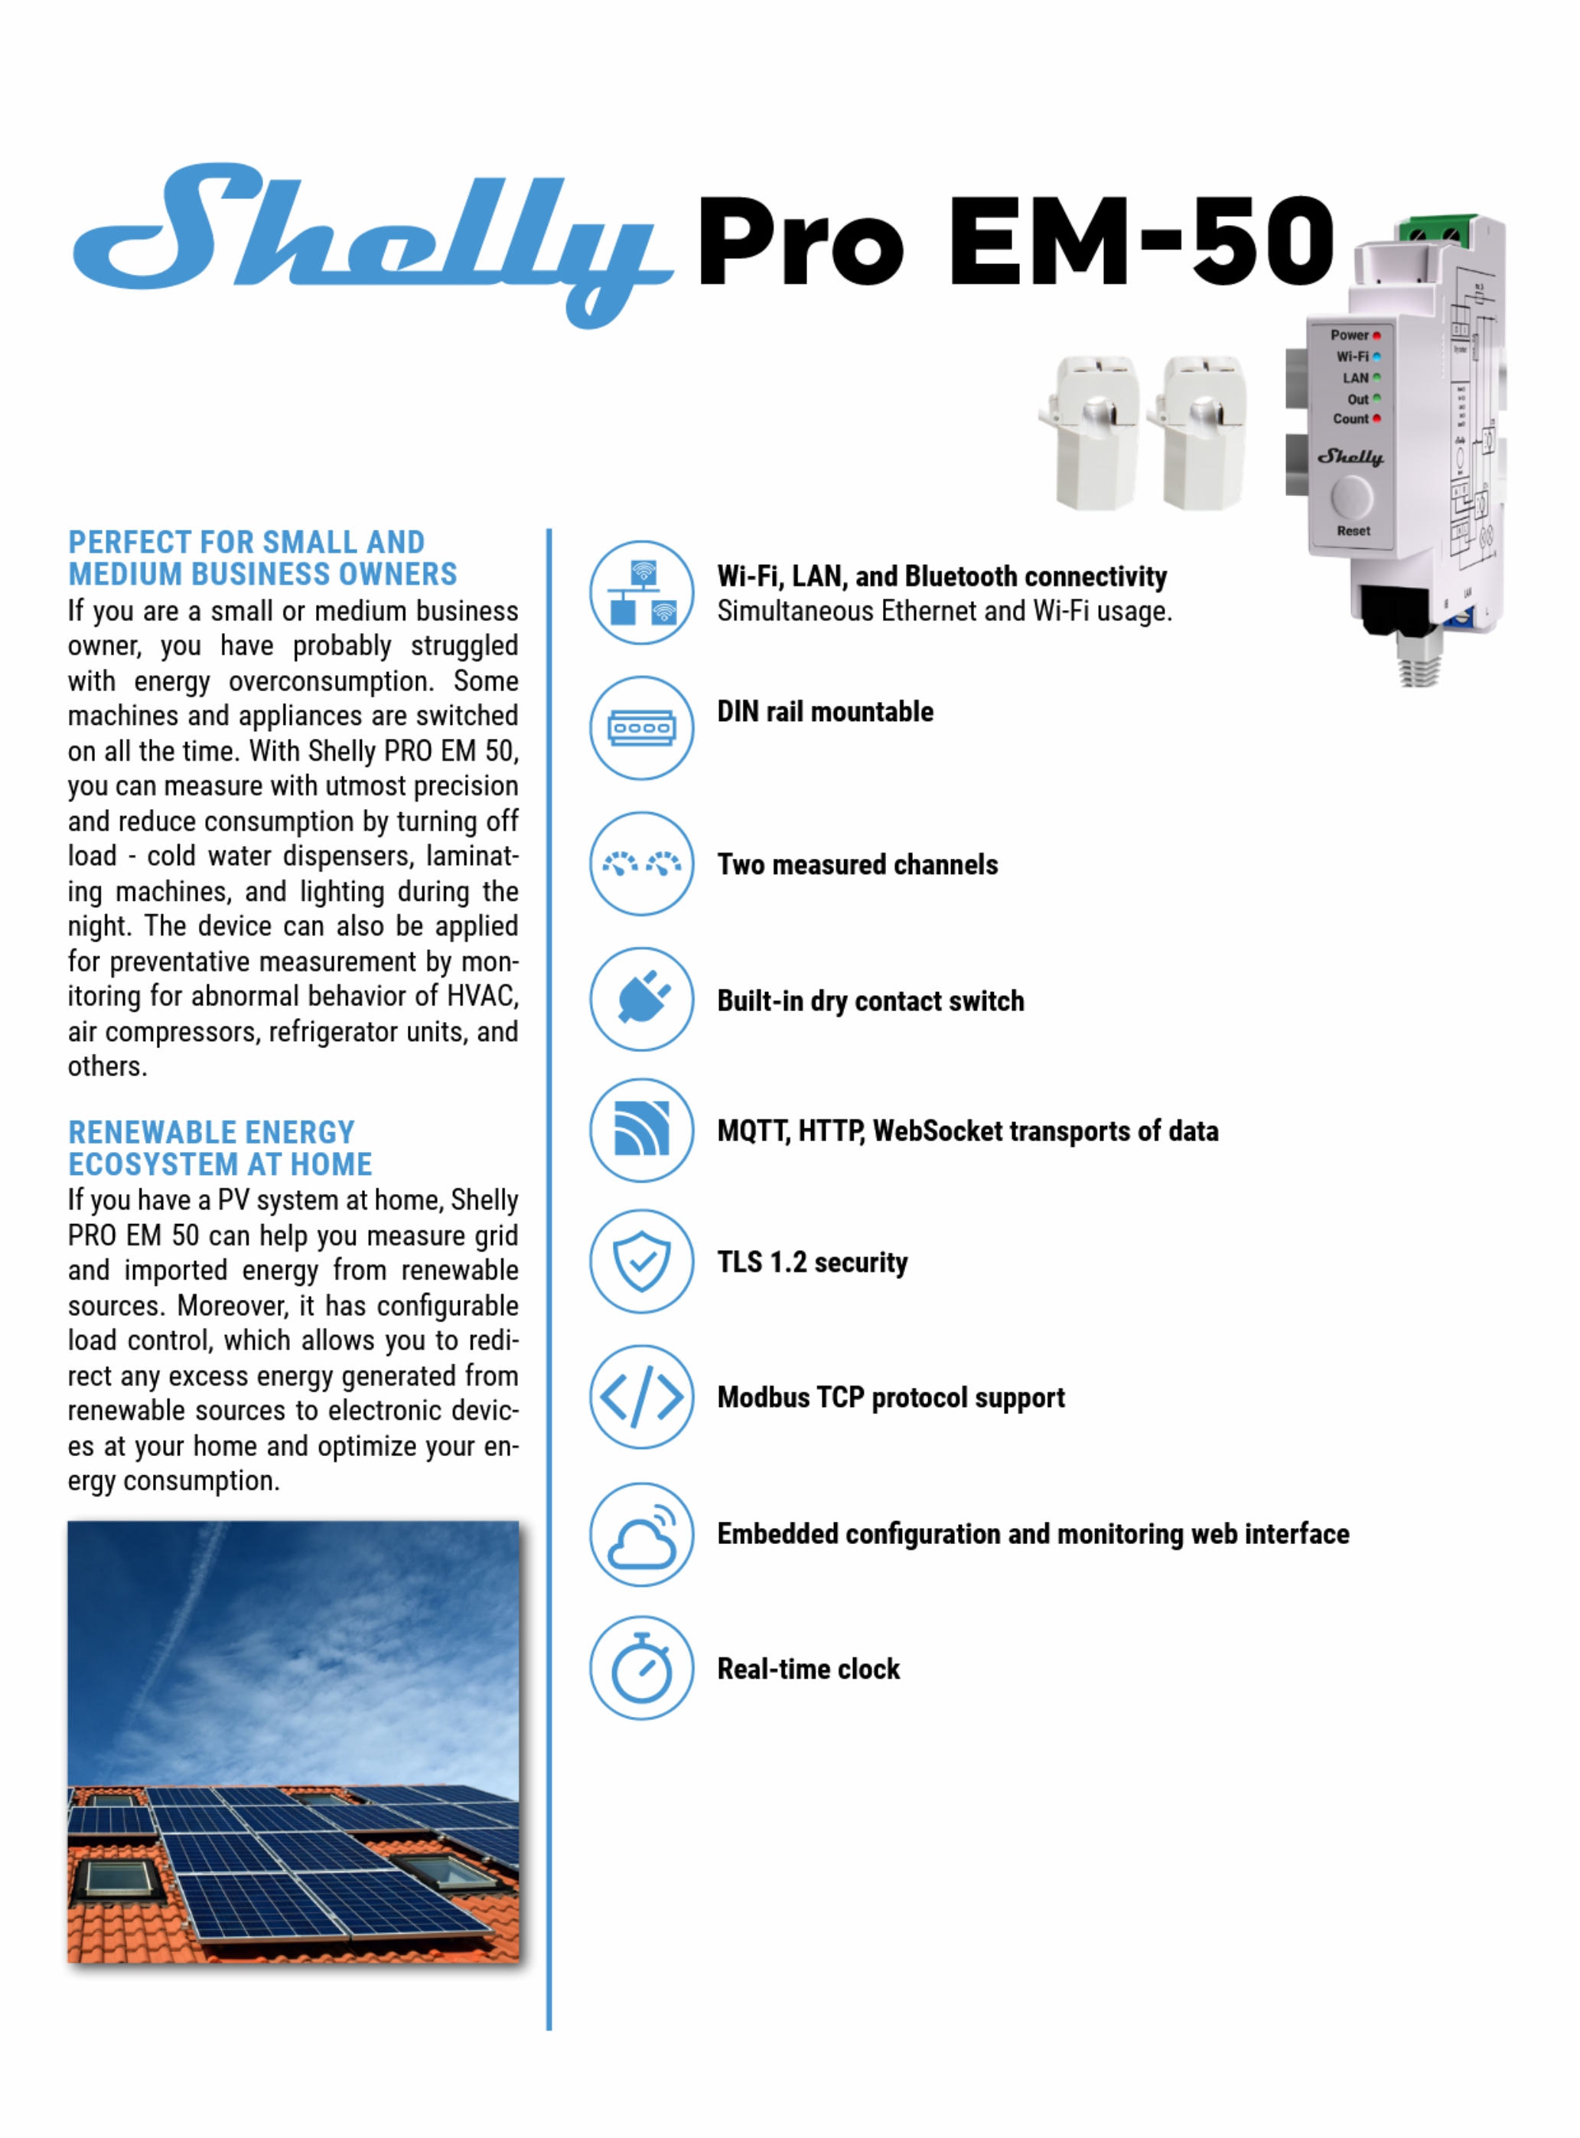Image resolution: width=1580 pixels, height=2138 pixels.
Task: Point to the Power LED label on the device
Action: (x=1350, y=335)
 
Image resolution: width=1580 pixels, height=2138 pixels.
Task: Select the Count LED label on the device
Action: (x=1350, y=419)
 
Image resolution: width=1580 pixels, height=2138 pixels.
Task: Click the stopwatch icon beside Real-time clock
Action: (x=642, y=1668)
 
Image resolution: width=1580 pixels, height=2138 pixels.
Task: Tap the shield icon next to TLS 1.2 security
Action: (x=642, y=1261)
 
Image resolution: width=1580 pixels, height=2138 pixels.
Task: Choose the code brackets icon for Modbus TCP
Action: (x=642, y=1397)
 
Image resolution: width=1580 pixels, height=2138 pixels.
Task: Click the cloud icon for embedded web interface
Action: (x=642, y=1533)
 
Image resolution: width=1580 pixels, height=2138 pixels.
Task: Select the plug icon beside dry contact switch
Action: (x=642, y=999)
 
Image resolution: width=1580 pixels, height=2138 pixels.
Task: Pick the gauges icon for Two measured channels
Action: (x=642, y=863)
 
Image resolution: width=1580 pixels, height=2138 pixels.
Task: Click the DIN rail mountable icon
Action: (x=642, y=728)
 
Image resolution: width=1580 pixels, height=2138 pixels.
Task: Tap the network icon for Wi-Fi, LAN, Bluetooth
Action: (x=642, y=592)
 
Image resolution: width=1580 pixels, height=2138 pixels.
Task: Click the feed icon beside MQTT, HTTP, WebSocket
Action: (x=642, y=1130)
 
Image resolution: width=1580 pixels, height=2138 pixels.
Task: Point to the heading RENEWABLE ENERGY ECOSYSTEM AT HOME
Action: (x=220, y=1148)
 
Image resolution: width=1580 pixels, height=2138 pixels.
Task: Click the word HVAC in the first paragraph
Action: (x=482, y=996)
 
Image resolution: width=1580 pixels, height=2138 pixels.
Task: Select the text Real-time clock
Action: (x=808, y=1670)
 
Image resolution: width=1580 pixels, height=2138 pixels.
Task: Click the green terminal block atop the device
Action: (x=1435, y=230)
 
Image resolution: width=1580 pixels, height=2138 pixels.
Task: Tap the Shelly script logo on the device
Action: (x=1350, y=456)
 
